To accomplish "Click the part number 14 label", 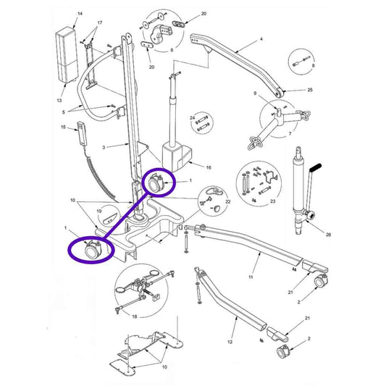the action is pos(80,14).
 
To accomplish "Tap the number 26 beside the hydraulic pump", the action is pos(328,235).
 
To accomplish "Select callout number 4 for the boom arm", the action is pos(261,39).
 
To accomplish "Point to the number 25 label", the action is pos(310,90).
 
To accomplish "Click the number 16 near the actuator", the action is pos(209,167).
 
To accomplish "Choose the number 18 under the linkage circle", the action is pos(135,316).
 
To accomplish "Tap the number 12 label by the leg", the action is pos(230,342).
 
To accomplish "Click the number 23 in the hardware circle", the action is pos(272,201).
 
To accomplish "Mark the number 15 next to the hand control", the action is pos(63,127).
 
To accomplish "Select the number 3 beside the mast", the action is pos(104,147).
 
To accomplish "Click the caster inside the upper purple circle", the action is pos(156,183).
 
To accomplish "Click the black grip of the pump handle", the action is pos(316,168).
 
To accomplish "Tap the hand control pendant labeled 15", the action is pos(81,134).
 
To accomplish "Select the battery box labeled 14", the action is pos(67,54).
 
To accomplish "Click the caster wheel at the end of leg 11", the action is pos(321,280).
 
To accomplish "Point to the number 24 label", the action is pos(192,118).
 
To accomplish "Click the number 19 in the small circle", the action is pos(99,211).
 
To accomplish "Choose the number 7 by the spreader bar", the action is pos(290,134).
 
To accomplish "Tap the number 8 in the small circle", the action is pos(313,65).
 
